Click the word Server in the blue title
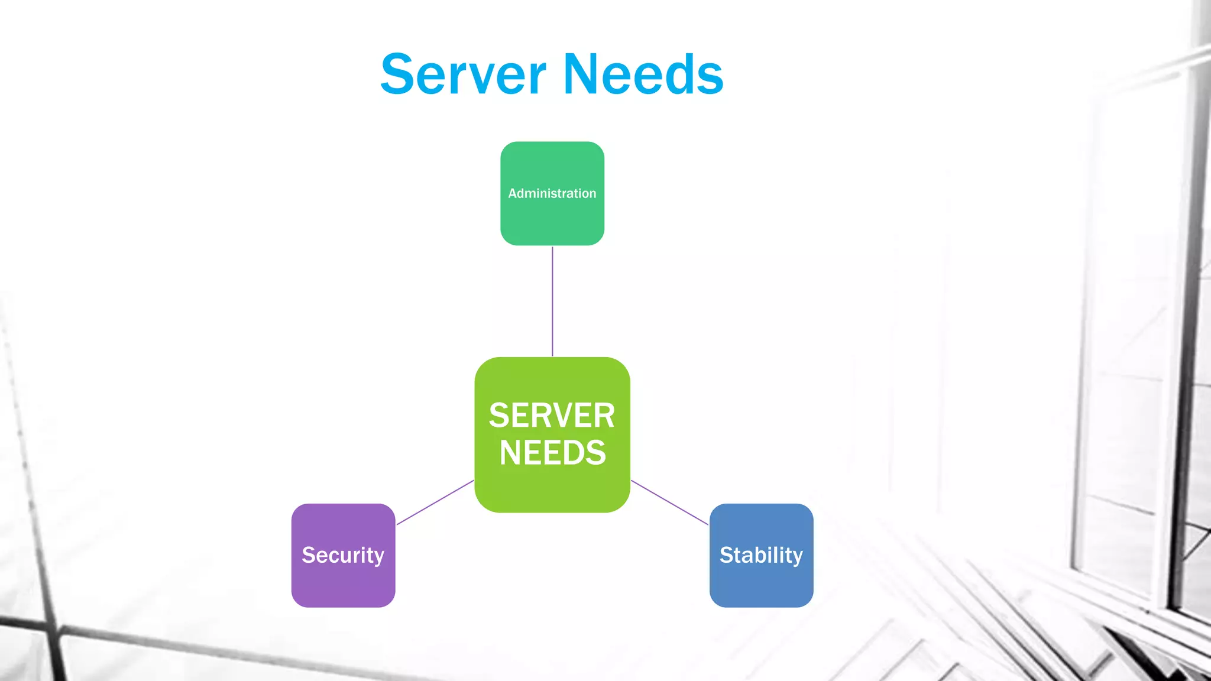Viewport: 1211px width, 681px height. point(463,74)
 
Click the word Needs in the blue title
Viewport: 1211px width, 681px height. point(643,74)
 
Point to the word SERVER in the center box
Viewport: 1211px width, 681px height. point(552,416)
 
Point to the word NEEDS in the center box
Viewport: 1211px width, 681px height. point(552,453)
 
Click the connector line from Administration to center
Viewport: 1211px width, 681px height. point(552,301)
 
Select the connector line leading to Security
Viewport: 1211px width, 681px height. point(435,502)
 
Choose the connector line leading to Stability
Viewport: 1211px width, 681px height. point(669,502)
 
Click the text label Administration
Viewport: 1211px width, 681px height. point(552,193)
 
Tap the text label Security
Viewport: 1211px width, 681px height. point(343,555)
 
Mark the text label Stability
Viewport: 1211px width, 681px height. point(761,555)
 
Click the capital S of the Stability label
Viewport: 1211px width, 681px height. point(727,555)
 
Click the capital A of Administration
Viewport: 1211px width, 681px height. point(513,193)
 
